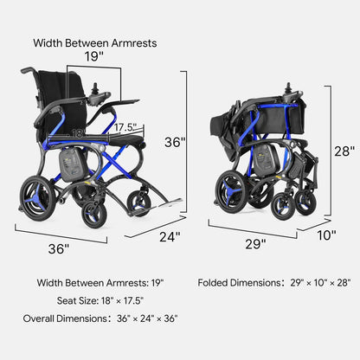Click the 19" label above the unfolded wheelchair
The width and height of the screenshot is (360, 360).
[x=93, y=56]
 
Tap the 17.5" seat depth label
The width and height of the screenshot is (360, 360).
[x=125, y=127]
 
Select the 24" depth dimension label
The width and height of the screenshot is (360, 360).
[x=170, y=237]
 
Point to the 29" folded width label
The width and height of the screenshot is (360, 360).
[x=255, y=244]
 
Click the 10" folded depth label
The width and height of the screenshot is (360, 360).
[x=326, y=235]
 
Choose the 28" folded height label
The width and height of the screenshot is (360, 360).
[x=344, y=151]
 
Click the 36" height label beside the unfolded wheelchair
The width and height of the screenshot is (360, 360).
[x=175, y=142]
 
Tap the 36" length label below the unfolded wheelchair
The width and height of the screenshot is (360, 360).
[x=59, y=249]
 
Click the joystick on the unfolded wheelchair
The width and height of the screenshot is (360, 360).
[x=95, y=89]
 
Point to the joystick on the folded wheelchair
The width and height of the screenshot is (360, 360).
[x=288, y=88]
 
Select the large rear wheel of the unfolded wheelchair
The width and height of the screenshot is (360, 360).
[x=37, y=199]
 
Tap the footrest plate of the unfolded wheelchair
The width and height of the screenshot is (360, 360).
[x=167, y=204]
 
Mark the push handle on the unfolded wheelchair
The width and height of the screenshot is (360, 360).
[x=28, y=70]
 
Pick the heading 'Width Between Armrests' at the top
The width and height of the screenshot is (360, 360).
[x=95, y=43]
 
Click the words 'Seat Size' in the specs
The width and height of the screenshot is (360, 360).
[x=77, y=301]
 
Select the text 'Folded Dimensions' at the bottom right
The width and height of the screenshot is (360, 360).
[x=239, y=283]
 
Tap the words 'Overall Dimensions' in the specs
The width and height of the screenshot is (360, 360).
[x=65, y=318]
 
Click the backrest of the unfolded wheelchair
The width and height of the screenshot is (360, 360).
[x=62, y=98]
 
